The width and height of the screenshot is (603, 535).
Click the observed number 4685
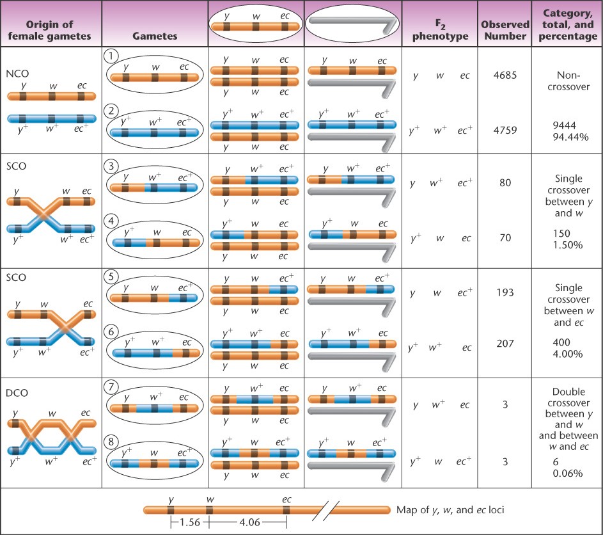pos(505,76)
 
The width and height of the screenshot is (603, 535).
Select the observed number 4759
pos(505,131)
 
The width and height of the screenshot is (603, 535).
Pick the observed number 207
pos(505,347)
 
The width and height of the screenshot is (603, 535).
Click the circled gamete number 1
pos(111,56)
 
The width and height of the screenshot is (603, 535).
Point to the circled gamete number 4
pos(111,221)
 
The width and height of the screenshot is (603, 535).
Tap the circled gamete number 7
pos(111,386)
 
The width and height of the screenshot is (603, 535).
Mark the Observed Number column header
pos(505,30)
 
